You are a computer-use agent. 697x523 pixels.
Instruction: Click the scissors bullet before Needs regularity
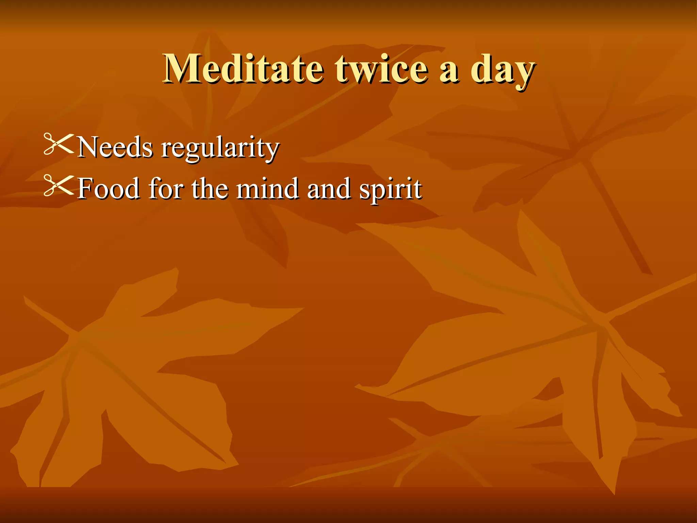click(x=59, y=144)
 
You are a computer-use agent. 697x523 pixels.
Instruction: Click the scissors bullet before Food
click(x=59, y=186)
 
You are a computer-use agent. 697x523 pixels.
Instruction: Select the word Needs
click(x=115, y=147)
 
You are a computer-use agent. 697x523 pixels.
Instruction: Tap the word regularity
click(x=220, y=148)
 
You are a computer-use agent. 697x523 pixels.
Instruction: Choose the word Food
click(x=109, y=188)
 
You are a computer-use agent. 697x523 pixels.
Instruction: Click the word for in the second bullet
click(x=166, y=188)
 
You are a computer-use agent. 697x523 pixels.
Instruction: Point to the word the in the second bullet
click(x=210, y=188)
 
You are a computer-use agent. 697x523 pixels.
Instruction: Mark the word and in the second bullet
click(x=329, y=189)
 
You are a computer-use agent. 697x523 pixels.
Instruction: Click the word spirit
click(x=391, y=189)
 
